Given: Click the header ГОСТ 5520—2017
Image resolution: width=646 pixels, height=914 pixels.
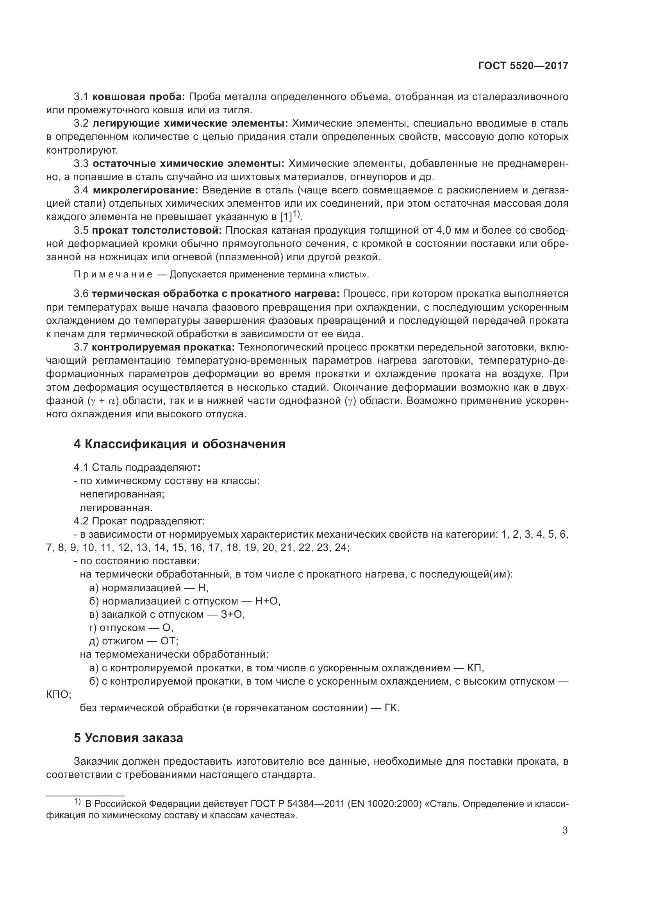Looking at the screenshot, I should pos(523,66).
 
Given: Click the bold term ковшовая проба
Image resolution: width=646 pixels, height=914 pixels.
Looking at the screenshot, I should pos(139,97).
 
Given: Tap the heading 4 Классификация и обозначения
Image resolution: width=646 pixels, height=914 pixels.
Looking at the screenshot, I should pos(179,444).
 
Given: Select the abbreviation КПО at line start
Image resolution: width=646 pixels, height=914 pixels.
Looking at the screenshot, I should pos(59,695).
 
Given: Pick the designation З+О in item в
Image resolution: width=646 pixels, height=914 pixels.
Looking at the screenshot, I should pos(232,615).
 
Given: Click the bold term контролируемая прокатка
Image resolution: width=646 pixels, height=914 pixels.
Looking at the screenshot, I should pos(164,347).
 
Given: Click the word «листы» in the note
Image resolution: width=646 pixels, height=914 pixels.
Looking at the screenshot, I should pos(352,275).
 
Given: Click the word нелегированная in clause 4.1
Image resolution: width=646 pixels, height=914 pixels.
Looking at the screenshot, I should pos(122,494).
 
